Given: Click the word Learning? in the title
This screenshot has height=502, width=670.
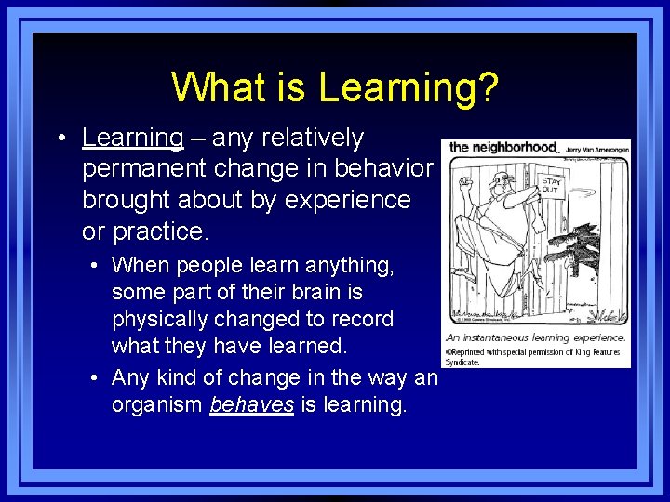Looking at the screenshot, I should (x=408, y=87).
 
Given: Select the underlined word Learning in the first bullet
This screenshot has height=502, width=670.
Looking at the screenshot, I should (x=133, y=138).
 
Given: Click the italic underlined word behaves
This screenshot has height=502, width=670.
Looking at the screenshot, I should (x=251, y=405).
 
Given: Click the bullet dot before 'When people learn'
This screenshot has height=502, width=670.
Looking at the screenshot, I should (x=97, y=266).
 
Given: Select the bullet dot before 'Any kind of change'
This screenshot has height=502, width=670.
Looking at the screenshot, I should (x=97, y=378).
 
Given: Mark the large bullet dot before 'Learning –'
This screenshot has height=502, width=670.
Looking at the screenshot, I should (x=60, y=139).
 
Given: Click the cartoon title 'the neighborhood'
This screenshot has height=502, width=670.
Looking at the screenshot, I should (x=502, y=147).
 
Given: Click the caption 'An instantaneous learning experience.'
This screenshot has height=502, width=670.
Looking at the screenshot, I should (x=534, y=338).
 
